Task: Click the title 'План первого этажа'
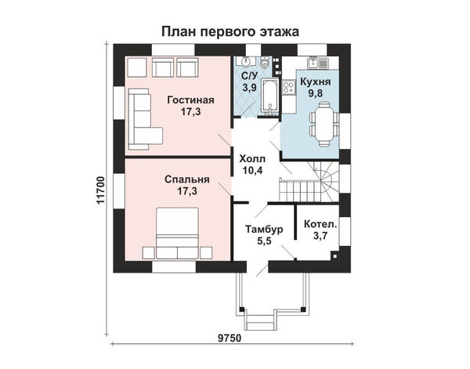230,31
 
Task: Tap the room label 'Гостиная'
190,99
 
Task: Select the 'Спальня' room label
187,179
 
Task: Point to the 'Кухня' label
316,81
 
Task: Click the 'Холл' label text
252,158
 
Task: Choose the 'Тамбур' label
264,230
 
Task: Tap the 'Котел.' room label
320,224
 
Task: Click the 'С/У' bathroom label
249,75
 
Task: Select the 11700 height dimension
101,190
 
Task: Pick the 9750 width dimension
230,338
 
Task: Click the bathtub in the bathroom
270,96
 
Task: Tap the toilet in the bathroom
265,63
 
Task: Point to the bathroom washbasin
245,62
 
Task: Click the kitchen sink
317,63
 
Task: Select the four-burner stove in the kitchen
288,87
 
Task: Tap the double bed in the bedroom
177,233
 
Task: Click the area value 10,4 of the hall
252,171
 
